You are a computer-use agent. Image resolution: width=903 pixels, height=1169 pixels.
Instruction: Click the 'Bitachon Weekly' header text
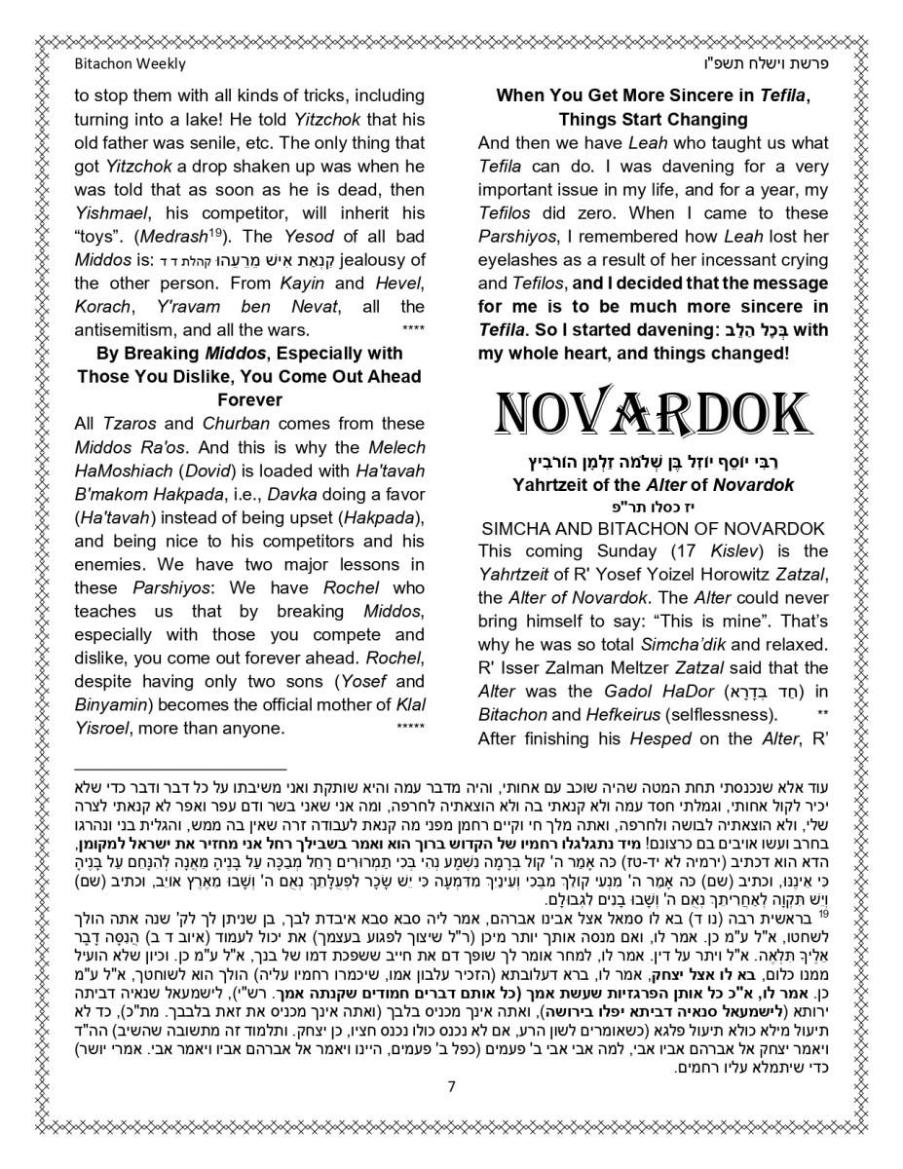click(x=130, y=64)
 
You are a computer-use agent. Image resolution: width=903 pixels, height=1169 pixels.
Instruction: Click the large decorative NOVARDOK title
click(x=653, y=415)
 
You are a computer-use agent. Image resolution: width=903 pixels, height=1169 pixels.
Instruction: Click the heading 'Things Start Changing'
click(x=653, y=120)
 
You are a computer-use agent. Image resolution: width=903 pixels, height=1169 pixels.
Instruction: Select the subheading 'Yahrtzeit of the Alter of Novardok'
click(x=653, y=484)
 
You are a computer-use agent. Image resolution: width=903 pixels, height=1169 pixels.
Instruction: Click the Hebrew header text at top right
click(x=771, y=64)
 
